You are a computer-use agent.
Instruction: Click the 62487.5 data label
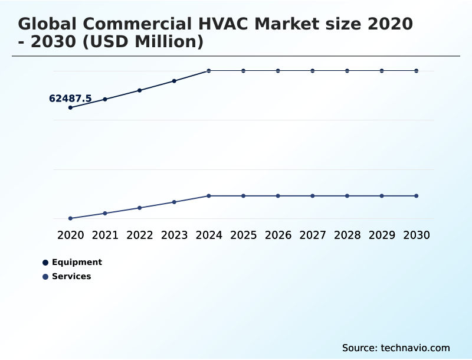click(70, 99)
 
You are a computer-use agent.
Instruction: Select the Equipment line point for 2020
click(70, 108)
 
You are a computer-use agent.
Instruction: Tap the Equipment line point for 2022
click(140, 90)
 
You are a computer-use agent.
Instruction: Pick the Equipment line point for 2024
click(209, 71)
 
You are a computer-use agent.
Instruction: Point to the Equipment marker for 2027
click(313, 71)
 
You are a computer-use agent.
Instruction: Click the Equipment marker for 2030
click(417, 71)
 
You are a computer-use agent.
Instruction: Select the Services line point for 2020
click(70, 218)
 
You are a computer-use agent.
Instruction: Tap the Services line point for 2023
click(174, 202)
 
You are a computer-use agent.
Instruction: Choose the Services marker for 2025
click(243, 195)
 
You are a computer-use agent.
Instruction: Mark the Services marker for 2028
click(347, 195)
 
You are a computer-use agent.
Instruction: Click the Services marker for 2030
click(417, 195)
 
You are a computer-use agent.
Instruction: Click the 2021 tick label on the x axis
click(105, 235)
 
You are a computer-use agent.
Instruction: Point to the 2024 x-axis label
click(209, 235)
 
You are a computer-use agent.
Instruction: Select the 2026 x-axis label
click(278, 235)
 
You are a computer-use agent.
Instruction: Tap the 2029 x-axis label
click(382, 235)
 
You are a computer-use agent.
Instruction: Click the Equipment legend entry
click(77, 262)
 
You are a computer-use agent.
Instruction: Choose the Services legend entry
click(71, 276)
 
